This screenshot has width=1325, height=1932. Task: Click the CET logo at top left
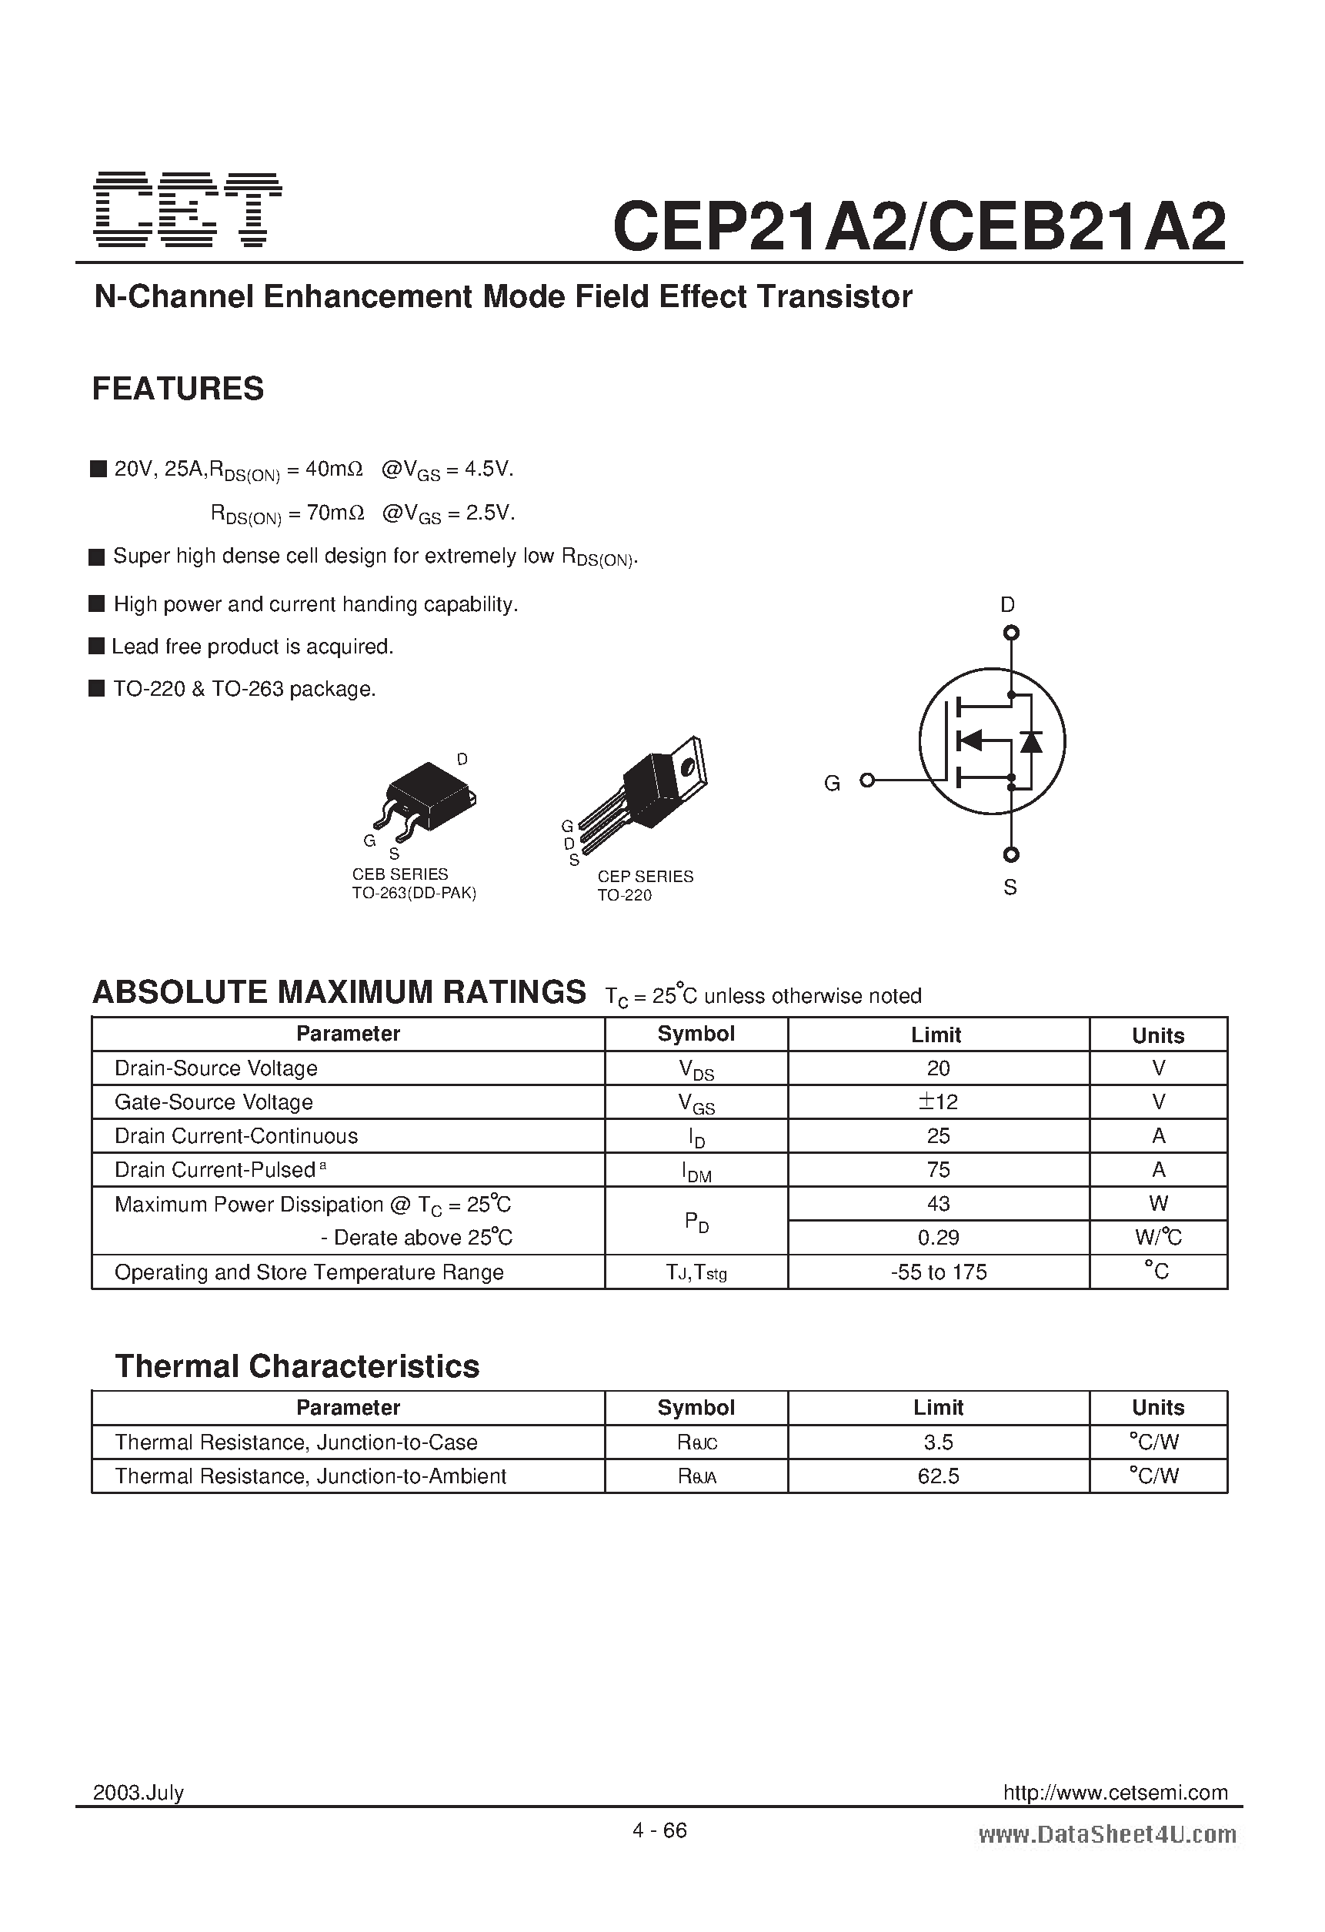tap(187, 209)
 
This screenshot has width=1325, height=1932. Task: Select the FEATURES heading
tap(178, 389)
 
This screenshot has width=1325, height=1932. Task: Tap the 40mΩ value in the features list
tap(334, 470)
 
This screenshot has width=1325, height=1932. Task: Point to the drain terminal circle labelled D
tap(1011, 633)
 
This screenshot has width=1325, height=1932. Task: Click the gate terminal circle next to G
tap(867, 780)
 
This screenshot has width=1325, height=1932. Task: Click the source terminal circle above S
tap(1011, 854)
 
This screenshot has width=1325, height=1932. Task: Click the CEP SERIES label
tap(645, 877)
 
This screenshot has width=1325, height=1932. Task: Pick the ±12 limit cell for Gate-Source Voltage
tap(938, 1102)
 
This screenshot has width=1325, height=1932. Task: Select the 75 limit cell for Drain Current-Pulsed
tap(938, 1171)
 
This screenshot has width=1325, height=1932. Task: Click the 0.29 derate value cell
tap(938, 1238)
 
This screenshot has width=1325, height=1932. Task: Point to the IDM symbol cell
tap(696, 1172)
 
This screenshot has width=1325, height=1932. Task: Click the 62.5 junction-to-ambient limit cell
tap(938, 1476)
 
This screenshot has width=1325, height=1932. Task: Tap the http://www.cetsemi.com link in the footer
tap(1115, 1793)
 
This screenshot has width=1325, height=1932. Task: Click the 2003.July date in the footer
tap(138, 1793)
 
